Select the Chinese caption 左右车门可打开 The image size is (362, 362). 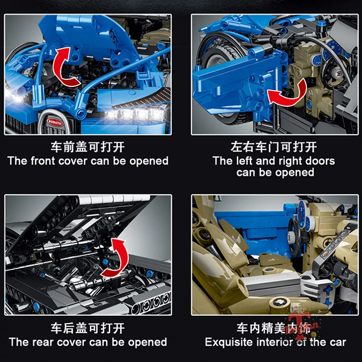[x=274, y=148]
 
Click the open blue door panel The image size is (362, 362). [x=226, y=86]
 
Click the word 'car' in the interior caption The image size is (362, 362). [x=337, y=342]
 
